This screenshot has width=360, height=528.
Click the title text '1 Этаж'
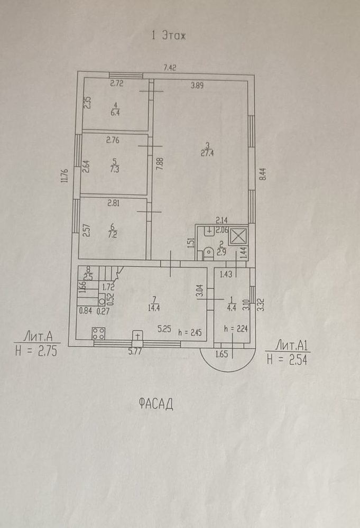[169, 36]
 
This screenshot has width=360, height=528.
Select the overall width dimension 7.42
[170, 67]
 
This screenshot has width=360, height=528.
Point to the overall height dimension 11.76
[65, 175]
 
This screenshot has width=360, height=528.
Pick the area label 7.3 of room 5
[114, 170]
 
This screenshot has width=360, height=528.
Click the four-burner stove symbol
[98, 334]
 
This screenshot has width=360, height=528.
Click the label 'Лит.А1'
[289, 347]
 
